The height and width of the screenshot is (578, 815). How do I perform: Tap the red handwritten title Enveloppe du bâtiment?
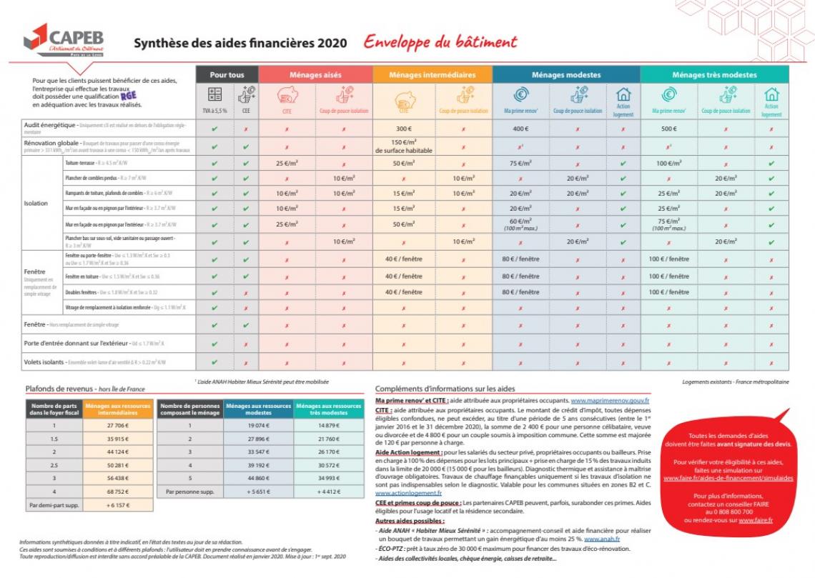(x=440, y=41)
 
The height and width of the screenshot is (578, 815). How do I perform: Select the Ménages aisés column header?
(x=315, y=75)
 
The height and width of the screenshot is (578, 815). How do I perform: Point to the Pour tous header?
(x=227, y=75)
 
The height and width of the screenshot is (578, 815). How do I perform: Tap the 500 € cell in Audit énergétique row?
(x=668, y=130)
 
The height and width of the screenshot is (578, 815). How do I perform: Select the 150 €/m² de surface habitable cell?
(x=395, y=147)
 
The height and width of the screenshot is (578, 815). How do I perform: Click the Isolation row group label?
(x=36, y=203)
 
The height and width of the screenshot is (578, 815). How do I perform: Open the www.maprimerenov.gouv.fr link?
(x=610, y=401)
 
